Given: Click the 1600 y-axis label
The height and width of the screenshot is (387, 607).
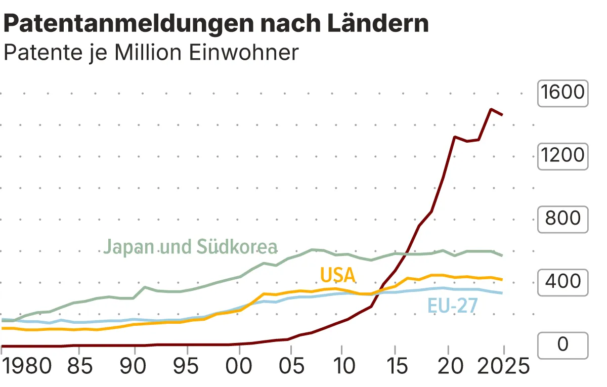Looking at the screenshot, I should (x=562, y=93).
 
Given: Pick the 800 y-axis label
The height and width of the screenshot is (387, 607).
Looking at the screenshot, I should (x=562, y=219).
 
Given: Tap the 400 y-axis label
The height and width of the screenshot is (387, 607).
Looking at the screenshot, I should (x=562, y=282).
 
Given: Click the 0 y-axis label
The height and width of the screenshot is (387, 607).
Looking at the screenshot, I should (x=562, y=345).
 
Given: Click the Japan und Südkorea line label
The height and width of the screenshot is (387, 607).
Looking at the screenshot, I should (x=191, y=247).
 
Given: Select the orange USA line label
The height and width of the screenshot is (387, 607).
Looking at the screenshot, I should (x=338, y=276).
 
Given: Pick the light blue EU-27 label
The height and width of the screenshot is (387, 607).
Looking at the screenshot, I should (x=452, y=306).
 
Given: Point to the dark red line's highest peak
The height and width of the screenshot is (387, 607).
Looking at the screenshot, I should (x=490, y=109).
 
